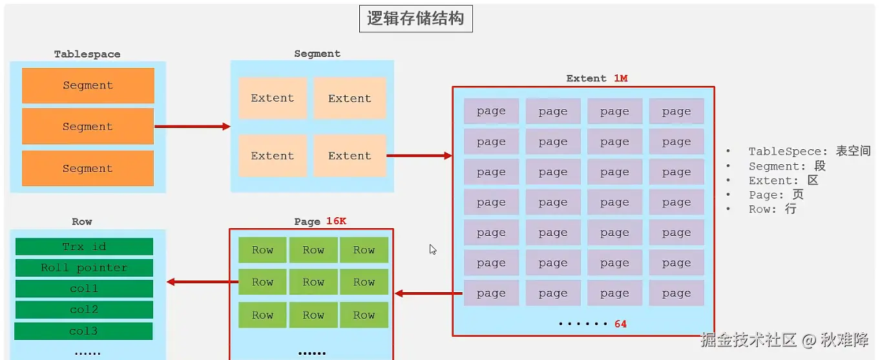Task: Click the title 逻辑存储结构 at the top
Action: point(415,19)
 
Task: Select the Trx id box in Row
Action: point(84,247)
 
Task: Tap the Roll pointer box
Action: point(84,268)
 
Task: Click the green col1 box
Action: point(84,289)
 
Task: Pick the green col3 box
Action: point(83,331)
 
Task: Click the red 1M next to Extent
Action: point(620,78)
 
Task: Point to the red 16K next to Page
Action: point(336,221)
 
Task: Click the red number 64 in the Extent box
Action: point(620,324)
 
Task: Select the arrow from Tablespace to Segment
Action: point(193,127)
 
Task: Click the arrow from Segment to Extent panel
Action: point(419,156)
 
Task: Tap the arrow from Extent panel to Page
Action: point(428,293)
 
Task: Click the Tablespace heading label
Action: point(87,54)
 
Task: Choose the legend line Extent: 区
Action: point(783,180)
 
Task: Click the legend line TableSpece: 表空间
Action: point(809,151)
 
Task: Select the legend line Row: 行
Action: point(772,209)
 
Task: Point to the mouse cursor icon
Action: point(433,249)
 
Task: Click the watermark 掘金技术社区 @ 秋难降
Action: point(784,340)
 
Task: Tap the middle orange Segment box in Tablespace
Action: point(88,127)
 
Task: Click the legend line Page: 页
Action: point(776,195)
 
